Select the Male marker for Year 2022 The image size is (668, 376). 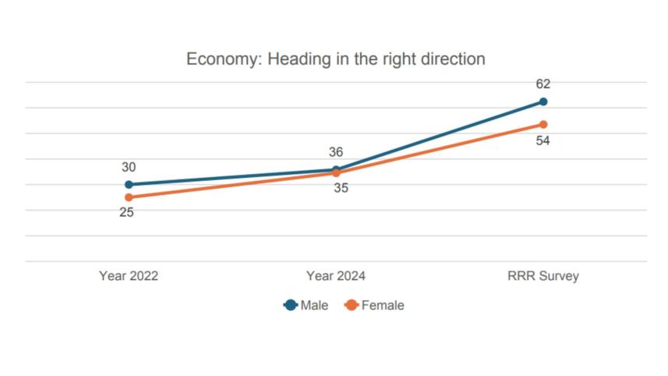click(129, 185)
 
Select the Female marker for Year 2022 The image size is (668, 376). click(129, 197)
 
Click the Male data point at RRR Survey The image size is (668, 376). click(543, 101)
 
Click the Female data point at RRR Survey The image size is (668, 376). click(543, 124)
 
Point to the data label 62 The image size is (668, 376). click(543, 84)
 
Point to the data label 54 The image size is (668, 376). click(543, 141)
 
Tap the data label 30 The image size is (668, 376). click(129, 167)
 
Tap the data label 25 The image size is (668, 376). click(127, 212)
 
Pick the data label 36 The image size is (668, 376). click(336, 152)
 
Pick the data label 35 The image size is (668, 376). click(341, 188)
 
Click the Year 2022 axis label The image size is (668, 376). click(129, 276)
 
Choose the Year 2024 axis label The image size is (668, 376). click(336, 276)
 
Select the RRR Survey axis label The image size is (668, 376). click(543, 276)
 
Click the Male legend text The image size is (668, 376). click(314, 306)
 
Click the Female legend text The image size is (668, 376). click(383, 306)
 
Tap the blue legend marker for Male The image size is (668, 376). click(291, 306)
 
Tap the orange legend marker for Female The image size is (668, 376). click(352, 306)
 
